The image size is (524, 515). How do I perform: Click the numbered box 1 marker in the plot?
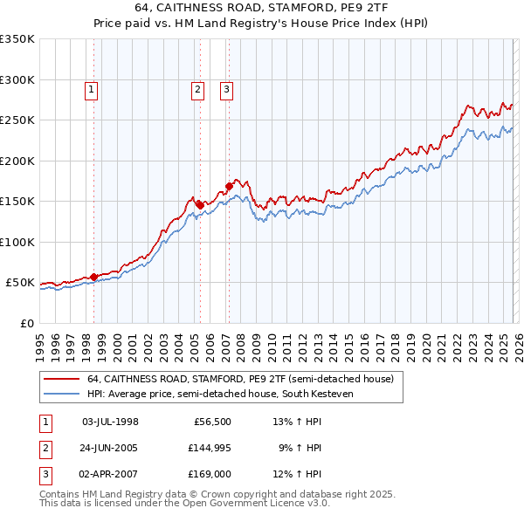[x=92, y=88]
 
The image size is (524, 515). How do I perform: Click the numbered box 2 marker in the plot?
[x=198, y=88]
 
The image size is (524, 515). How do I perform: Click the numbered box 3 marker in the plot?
[x=226, y=88]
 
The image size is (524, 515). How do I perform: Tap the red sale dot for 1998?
[x=93, y=278]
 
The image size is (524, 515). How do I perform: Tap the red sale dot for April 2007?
[x=229, y=186]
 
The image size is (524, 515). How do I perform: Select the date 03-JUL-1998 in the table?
[x=110, y=422]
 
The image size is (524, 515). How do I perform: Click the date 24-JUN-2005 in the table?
[x=110, y=449]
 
